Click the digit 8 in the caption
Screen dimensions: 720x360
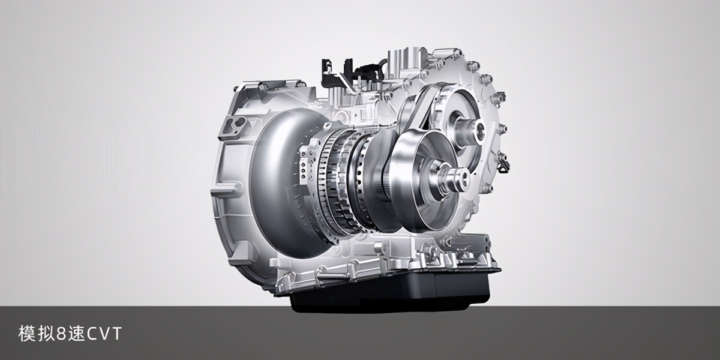(x=61, y=334)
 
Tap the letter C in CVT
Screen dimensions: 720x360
(x=92, y=334)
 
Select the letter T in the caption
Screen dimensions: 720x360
(x=116, y=334)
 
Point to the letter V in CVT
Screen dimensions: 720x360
(x=104, y=334)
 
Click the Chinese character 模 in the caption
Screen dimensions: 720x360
(x=26, y=334)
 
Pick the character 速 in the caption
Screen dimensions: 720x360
(x=76, y=334)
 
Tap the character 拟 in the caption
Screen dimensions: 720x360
(x=46, y=334)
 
